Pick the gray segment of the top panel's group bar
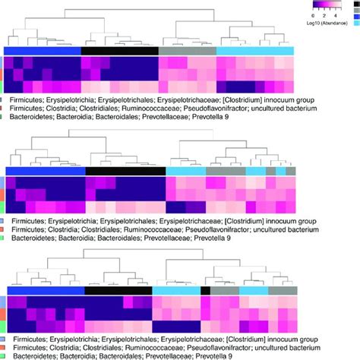(174, 50)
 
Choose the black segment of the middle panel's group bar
(126, 172)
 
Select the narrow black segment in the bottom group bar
(205, 291)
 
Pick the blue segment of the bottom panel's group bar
(46, 291)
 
